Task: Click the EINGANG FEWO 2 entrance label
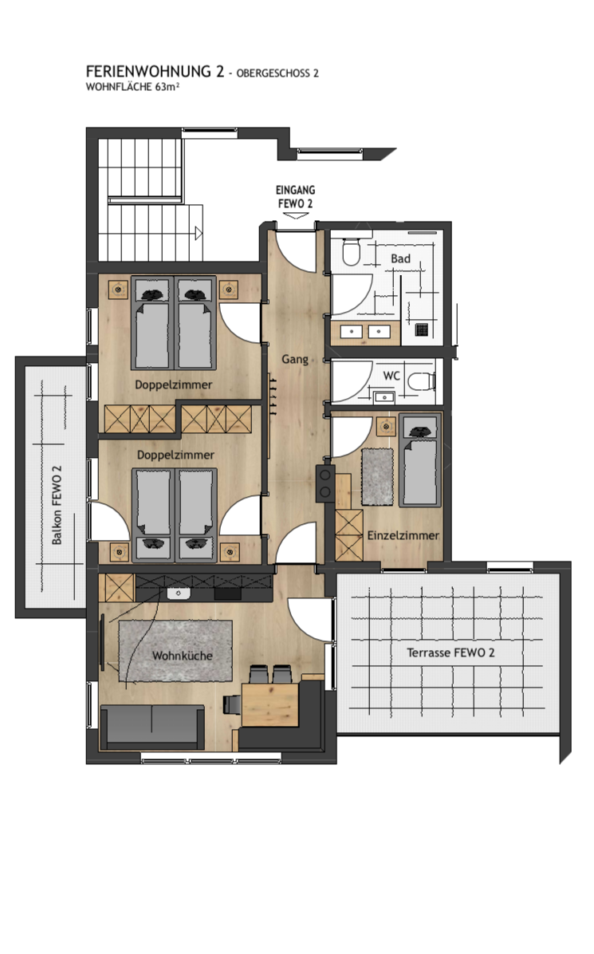(296, 196)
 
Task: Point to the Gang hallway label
(295, 360)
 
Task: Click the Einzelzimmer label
(403, 535)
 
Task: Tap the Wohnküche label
(183, 656)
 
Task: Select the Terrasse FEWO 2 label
(450, 652)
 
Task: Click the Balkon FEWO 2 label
(57, 505)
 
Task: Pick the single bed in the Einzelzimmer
(419, 460)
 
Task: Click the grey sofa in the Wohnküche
(152, 727)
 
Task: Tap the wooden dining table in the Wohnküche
(270, 704)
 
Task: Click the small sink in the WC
(384, 397)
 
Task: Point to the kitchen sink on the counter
(179, 593)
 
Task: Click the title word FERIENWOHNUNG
(148, 71)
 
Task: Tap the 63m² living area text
(167, 87)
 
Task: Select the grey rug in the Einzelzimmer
(378, 476)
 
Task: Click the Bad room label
(401, 258)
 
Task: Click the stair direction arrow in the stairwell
(199, 232)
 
